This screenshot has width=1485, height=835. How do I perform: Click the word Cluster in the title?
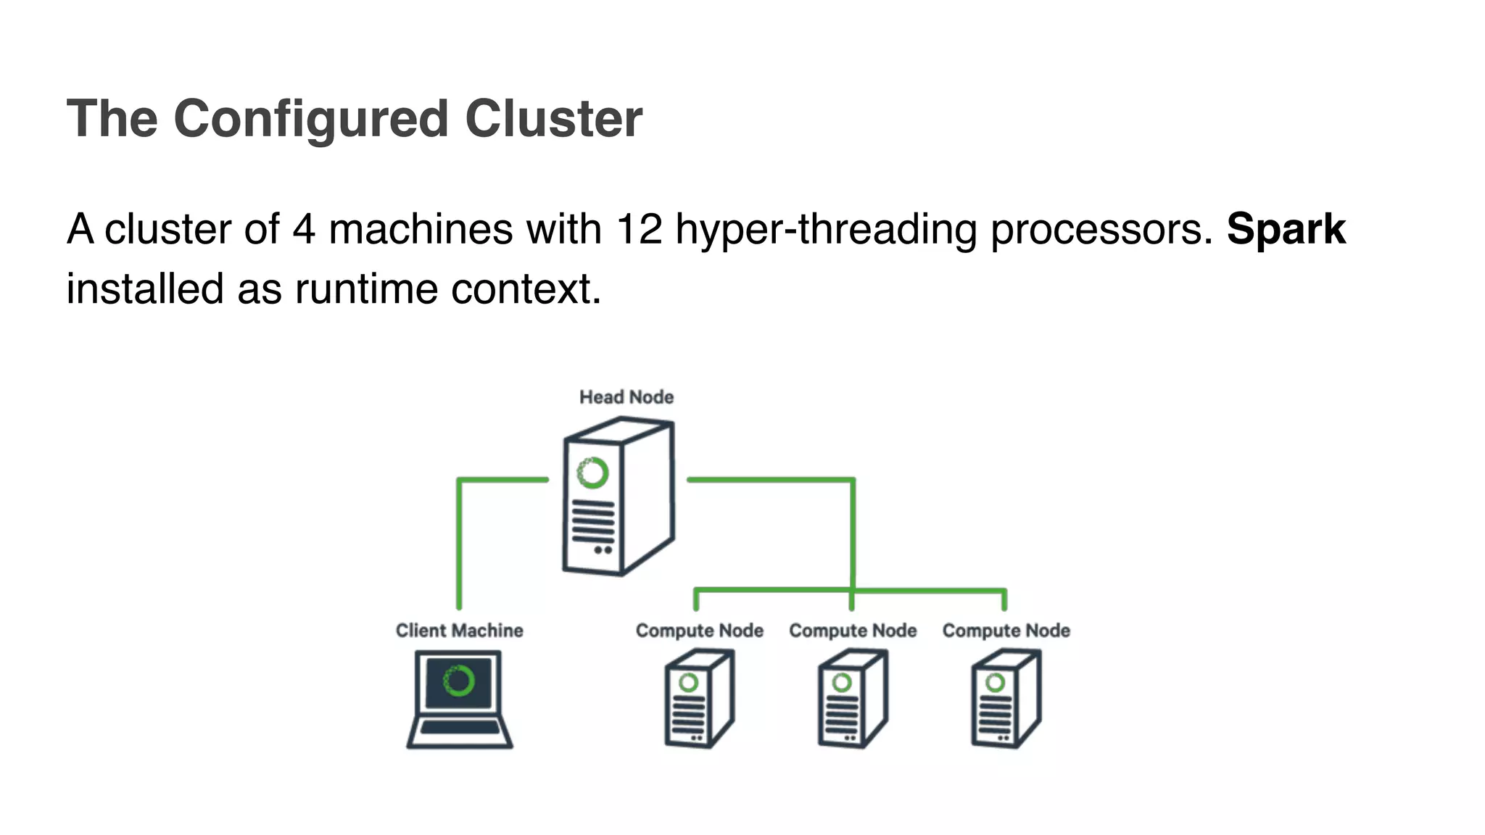pyautogui.click(x=553, y=119)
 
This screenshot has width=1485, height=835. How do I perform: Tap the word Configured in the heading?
pyautogui.click(x=311, y=119)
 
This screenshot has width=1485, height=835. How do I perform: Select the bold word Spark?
pyautogui.click(x=1286, y=229)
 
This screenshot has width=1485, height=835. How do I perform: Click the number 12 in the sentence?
pyautogui.click(x=639, y=229)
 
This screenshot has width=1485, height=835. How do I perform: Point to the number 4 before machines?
pyautogui.click(x=304, y=229)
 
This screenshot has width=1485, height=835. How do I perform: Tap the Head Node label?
pyautogui.click(x=626, y=397)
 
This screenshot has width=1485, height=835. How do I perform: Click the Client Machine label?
pyautogui.click(x=459, y=631)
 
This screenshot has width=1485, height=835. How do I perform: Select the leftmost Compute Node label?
pyautogui.click(x=699, y=631)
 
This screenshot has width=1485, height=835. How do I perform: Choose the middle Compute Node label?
pyautogui.click(x=853, y=631)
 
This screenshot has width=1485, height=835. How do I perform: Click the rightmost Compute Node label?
pyautogui.click(x=1006, y=631)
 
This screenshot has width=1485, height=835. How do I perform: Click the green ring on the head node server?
pyautogui.click(x=592, y=473)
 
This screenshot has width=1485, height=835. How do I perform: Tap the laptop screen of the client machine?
pyautogui.click(x=458, y=681)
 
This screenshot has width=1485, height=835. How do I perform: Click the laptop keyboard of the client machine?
pyautogui.click(x=460, y=728)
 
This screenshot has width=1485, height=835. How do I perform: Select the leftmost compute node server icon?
pyautogui.click(x=698, y=699)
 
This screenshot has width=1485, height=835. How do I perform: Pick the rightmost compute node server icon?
pyautogui.click(x=1005, y=699)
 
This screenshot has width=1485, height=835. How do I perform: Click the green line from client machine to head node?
pyautogui.click(x=459, y=544)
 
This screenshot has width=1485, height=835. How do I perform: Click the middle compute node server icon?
pyautogui.click(x=852, y=699)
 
